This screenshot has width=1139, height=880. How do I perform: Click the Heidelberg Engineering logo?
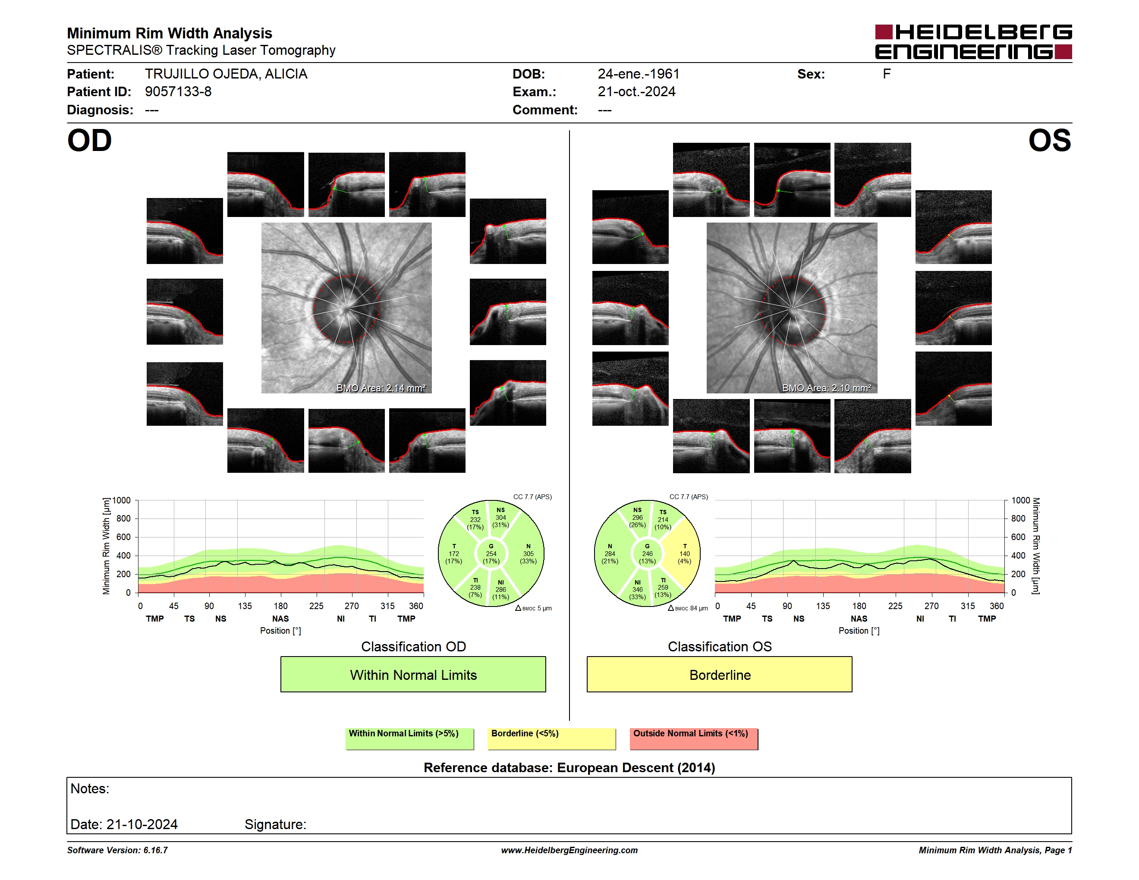973,42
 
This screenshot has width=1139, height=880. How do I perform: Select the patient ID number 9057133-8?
178,92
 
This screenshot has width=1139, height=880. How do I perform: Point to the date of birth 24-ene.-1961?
639,74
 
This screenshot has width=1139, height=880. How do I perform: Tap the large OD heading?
90,141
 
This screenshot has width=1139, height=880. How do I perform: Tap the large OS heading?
1049,141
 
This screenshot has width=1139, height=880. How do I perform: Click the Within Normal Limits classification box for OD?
413,674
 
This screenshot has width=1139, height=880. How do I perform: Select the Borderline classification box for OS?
719,674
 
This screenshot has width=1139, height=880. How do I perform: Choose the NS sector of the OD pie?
502,518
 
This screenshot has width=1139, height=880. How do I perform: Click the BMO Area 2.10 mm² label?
826,388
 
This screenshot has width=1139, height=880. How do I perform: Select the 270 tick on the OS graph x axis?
931,606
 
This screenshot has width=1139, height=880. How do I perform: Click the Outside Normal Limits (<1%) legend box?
694,739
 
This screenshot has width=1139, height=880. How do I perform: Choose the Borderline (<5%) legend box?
551,739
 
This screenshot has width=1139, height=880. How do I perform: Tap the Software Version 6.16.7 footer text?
117,850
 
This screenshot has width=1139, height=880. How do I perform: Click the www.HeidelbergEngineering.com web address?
569,850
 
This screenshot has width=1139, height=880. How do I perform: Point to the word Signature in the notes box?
275,824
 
